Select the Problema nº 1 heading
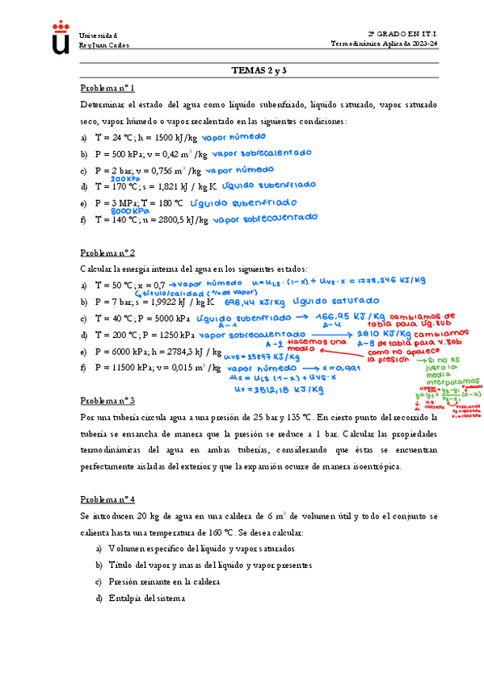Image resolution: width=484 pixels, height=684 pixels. click(x=107, y=88)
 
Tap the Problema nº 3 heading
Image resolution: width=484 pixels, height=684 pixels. click(x=107, y=400)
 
